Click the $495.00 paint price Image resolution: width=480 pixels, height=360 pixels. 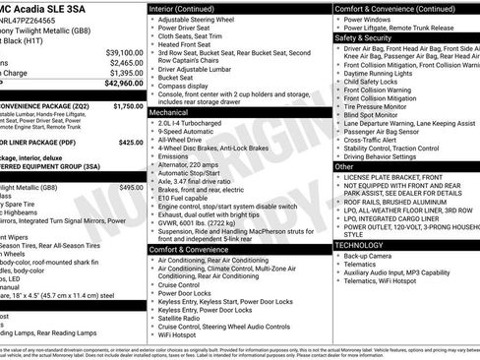point(131,187)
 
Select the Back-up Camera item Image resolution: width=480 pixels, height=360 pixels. point(370,255)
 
